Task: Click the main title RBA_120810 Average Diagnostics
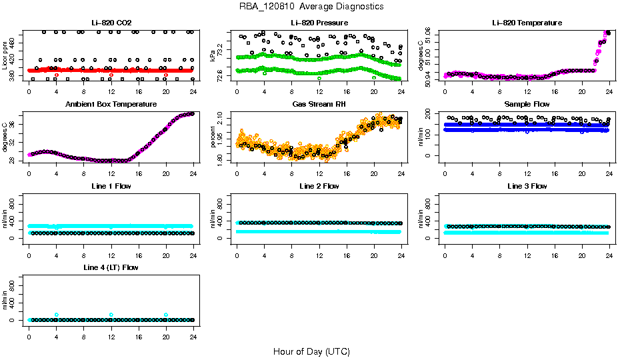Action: click(x=311, y=7)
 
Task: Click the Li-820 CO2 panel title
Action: click(x=111, y=23)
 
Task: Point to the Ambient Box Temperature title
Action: click(x=111, y=105)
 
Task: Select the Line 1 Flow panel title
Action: click(x=111, y=186)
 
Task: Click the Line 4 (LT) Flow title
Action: click(x=111, y=267)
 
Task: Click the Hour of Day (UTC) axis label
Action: click(x=311, y=351)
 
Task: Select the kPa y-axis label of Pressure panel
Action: click(x=213, y=56)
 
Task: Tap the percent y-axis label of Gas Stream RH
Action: click(x=213, y=137)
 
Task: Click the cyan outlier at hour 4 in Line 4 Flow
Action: click(x=57, y=315)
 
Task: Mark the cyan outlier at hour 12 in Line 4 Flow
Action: click(x=111, y=315)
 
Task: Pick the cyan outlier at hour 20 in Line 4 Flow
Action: click(x=166, y=315)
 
